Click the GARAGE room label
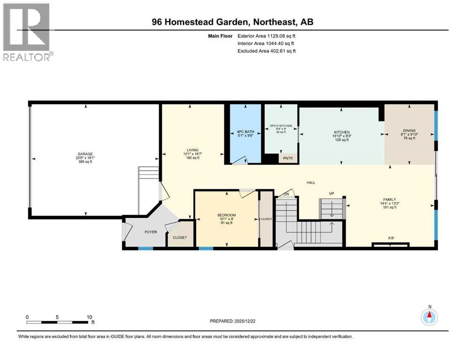[x=85, y=154]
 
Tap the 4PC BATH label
[x=243, y=132]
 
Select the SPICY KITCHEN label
[x=281, y=126]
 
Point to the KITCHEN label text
[x=341, y=132]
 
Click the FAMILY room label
[x=388, y=200]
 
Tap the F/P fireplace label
[x=391, y=238]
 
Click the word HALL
[x=311, y=182]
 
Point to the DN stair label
[x=287, y=194]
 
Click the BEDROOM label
[x=227, y=215]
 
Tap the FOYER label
[x=150, y=232]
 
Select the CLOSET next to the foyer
[x=180, y=237]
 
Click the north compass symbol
[x=429, y=316]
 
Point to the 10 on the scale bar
[x=89, y=317]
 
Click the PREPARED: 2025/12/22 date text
[x=233, y=321]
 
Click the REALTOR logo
[x=27, y=32]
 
